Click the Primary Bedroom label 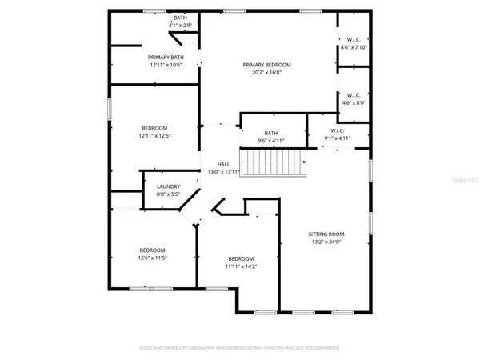267,65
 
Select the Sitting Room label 326,234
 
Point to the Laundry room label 168,186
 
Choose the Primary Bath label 166,58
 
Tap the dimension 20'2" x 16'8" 267,73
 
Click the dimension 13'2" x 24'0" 326,242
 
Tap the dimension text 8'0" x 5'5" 168,194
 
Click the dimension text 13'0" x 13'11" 223,172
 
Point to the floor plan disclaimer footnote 239,348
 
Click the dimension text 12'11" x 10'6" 166,65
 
